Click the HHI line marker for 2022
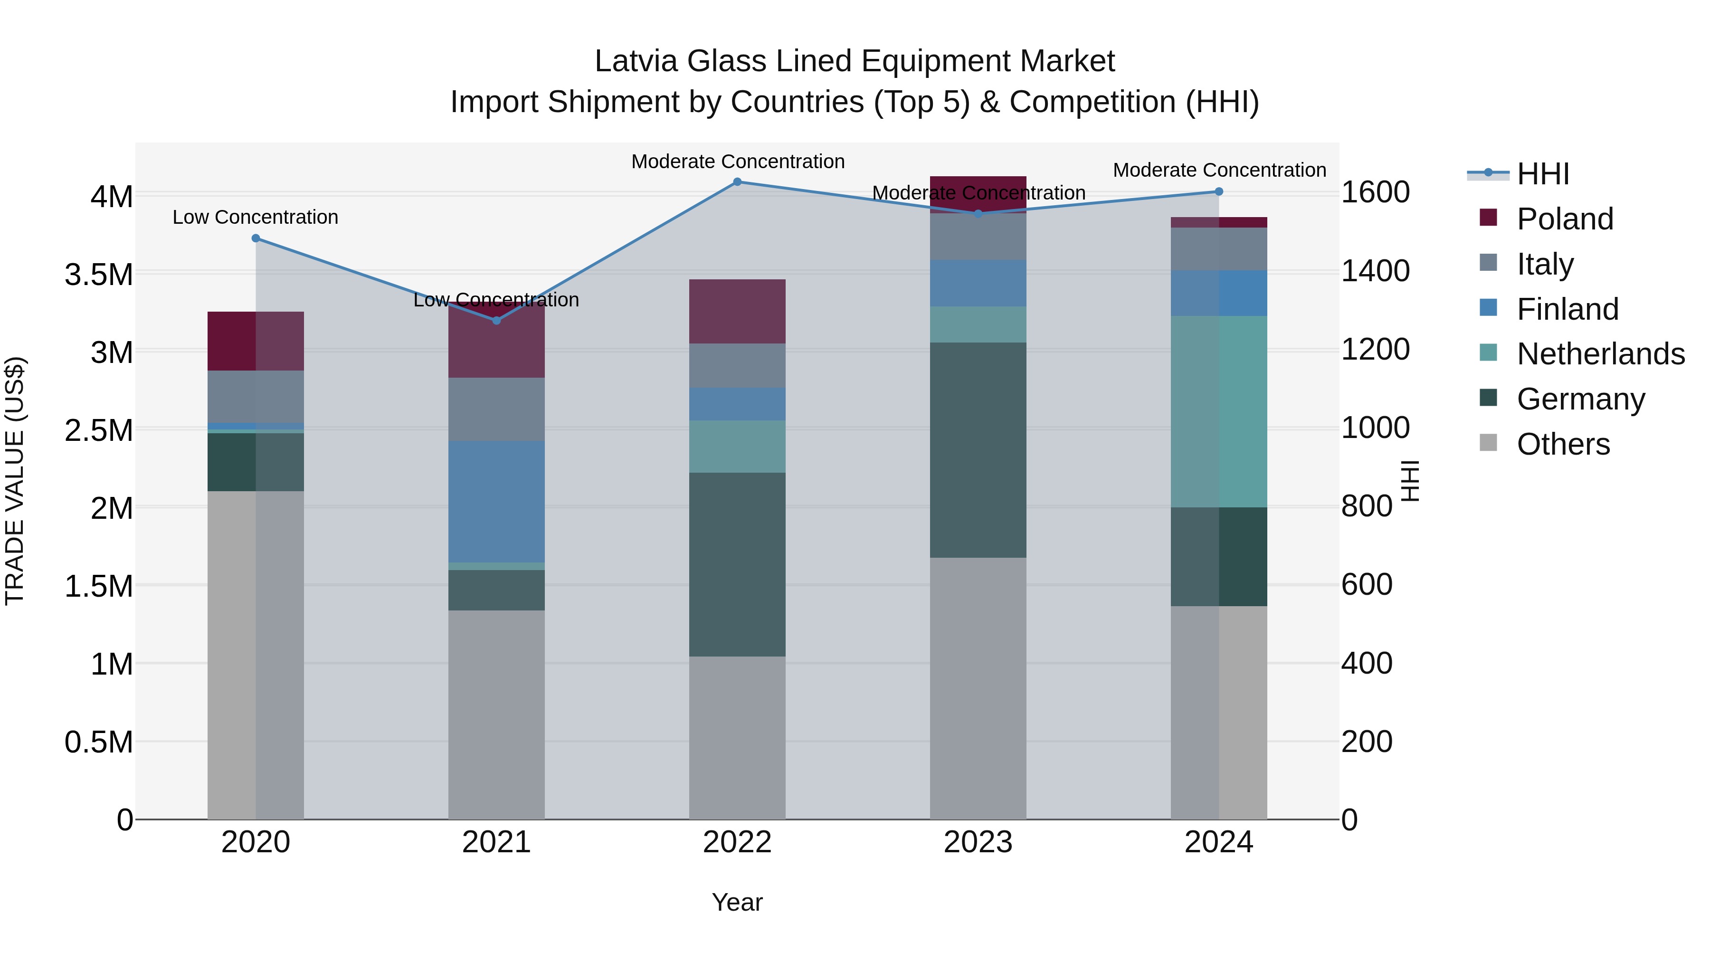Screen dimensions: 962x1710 click(737, 182)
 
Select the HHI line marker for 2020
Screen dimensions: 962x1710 click(256, 238)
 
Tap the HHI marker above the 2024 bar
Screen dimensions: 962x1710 click(1219, 192)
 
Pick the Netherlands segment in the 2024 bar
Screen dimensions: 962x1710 click(1219, 411)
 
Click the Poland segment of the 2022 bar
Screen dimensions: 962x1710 click(737, 311)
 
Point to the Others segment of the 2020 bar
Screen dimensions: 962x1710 click(256, 655)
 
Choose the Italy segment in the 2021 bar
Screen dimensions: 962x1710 click(496, 409)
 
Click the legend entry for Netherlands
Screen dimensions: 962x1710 click(1600, 354)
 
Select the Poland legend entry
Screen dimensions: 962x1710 click(1565, 219)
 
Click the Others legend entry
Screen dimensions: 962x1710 click(1563, 444)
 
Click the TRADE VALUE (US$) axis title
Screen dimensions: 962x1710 click(15, 481)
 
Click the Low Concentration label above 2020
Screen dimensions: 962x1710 click(256, 217)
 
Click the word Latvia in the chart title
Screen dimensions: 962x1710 click(636, 61)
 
